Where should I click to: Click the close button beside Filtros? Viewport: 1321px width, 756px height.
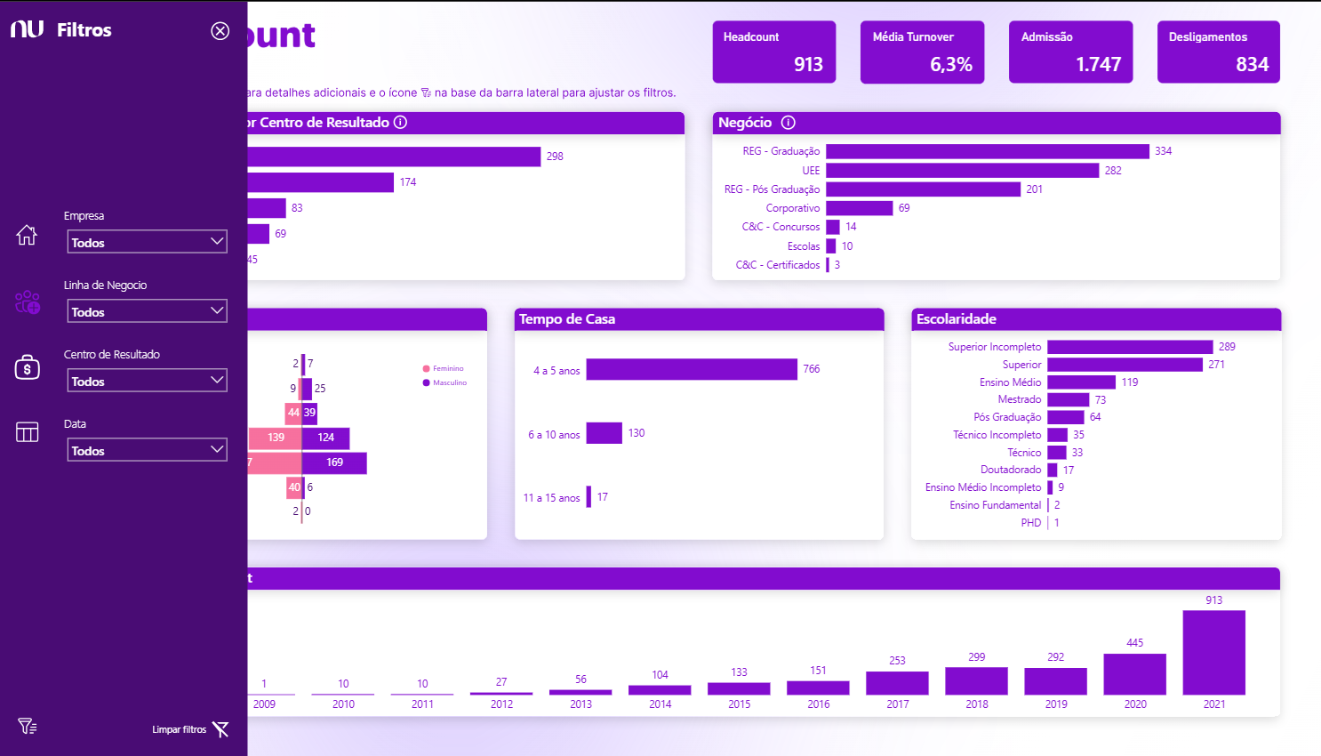pos(220,31)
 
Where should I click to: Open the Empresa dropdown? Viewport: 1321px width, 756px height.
pos(147,242)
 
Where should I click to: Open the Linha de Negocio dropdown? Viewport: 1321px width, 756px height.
pos(147,311)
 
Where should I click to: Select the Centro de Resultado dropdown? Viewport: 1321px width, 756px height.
pos(147,381)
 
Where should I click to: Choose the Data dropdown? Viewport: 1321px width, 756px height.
pos(147,450)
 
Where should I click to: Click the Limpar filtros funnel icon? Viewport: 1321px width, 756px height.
pos(220,729)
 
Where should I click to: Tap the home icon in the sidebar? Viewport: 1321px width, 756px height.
pos(27,235)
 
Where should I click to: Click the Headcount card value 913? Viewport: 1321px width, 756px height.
pos(808,64)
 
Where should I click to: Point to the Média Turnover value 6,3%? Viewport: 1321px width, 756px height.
pos(950,64)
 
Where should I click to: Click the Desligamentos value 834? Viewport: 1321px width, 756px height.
pos(1252,64)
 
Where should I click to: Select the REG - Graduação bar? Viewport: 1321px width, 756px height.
pos(987,151)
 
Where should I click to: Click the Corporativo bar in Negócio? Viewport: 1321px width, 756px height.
pos(859,208)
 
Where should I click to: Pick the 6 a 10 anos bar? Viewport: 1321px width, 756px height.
pos(604,433)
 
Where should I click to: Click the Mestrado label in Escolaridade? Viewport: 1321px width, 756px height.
pos(1019,399)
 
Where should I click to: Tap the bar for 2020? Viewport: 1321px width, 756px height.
pos(1134,674)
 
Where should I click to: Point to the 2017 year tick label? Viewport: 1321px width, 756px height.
pos(897,704)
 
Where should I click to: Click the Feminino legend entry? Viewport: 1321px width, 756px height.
pos(444,368)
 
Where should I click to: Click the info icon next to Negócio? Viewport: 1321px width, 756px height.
pos(788,123)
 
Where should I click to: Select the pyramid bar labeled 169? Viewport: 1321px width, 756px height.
pos(333,462)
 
